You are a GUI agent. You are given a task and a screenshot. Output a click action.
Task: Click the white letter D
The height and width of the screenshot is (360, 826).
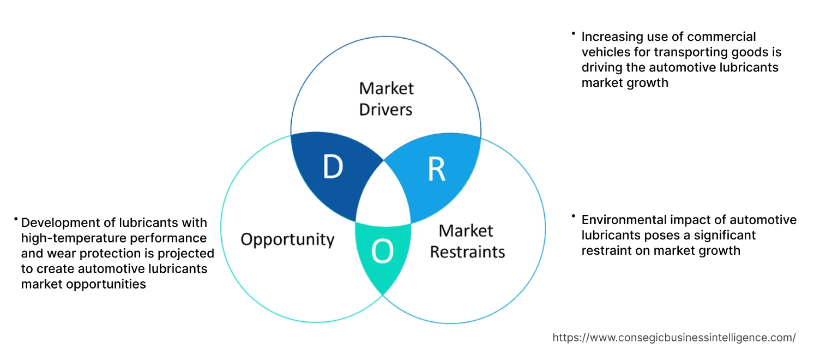(x=333, y=167)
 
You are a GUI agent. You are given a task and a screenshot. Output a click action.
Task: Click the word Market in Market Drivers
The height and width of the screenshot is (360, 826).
(x=386, y=88)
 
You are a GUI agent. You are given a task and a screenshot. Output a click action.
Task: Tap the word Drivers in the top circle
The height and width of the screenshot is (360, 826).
(x=386, y=110)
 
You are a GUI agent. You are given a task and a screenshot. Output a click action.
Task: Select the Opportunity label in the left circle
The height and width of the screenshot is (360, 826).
(x=287, y=239)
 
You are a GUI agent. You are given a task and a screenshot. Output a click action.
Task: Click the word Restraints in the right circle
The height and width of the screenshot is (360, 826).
(x=467, y=251)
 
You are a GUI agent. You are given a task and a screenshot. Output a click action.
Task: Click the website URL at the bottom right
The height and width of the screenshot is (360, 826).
(x=674, y=338)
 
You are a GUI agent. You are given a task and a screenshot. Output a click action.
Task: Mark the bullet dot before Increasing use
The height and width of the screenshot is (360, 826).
(x=574, y=34)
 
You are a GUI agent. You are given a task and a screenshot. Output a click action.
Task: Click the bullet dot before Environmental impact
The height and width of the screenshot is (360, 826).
(x=574, y=217)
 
